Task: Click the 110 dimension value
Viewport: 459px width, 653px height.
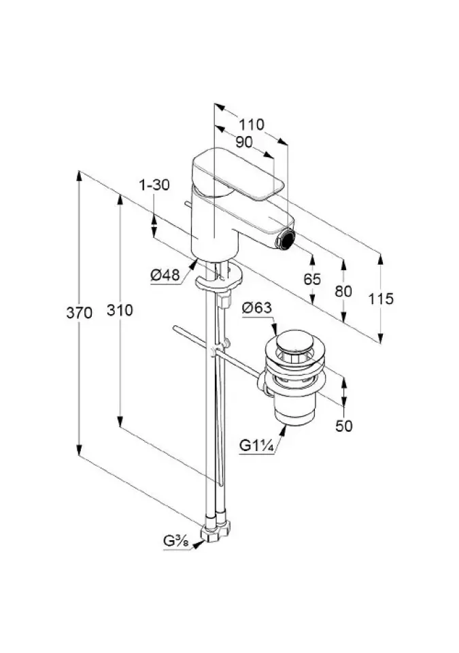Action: pos(252,125)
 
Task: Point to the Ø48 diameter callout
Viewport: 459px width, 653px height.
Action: pos(165,275)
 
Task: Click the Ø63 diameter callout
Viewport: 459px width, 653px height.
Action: pos(257,308)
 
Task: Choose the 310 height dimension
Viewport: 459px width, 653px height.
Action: pos(120,310)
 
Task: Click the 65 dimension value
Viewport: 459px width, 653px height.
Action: pos(313,279)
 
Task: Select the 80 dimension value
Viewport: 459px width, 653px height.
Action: pos(344,290)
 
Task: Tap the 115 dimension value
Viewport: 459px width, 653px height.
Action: pos(381,299)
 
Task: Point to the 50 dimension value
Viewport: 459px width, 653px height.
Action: pos(344,426)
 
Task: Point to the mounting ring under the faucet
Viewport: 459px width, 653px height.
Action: pos(219,281)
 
